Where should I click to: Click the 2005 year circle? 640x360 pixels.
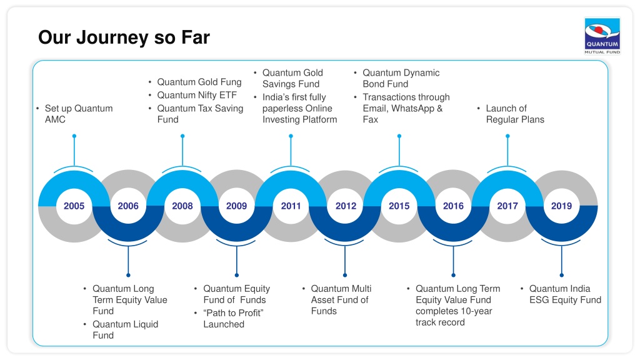click(74, 206)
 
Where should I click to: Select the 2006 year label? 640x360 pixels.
click(128, 206)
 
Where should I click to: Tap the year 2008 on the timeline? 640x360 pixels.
click(182, 206)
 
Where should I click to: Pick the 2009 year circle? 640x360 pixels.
click(237, 206)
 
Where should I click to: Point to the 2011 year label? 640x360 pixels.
click(291, 206)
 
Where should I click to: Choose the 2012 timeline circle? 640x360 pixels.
click(345, 206)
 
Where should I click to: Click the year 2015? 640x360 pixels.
click(399, 206)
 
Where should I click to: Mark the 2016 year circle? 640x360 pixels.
click(454, 206)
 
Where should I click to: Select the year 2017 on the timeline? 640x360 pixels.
click(507, 206)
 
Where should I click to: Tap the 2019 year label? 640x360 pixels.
click(562, 206)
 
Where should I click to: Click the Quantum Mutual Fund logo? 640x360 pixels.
click(602, 36)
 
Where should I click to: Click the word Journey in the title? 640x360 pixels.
click(112, 37)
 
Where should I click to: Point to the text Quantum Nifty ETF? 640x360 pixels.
click(197, 95)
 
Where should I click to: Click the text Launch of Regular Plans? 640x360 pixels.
click(515, 114)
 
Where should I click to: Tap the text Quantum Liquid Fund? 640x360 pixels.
click(125, 330)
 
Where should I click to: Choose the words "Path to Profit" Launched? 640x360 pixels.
click(234, 319)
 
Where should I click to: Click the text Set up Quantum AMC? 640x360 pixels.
click(79, 114)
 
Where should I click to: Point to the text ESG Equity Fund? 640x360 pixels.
click(565, 300)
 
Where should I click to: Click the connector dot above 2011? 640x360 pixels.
click(291, 136)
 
